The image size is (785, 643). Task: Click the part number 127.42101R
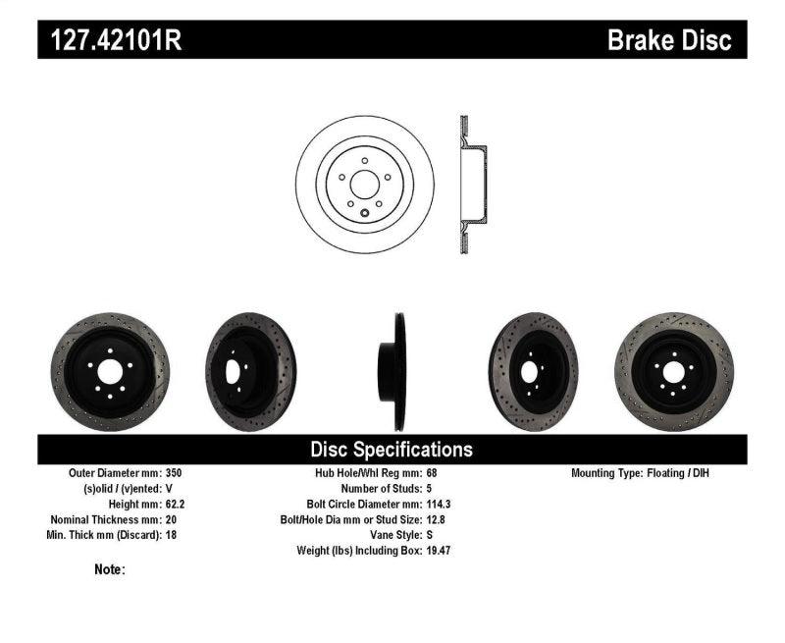coord(110,40)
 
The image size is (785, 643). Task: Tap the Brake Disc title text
coord(669,40)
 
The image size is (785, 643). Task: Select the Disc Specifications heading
coord(392,450)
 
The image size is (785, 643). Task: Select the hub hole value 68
coord(433,473)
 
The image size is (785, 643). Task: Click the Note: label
coord(110,569)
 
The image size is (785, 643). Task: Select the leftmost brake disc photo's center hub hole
coord(109,371)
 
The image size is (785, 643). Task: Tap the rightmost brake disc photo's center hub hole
coord(674,371)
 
